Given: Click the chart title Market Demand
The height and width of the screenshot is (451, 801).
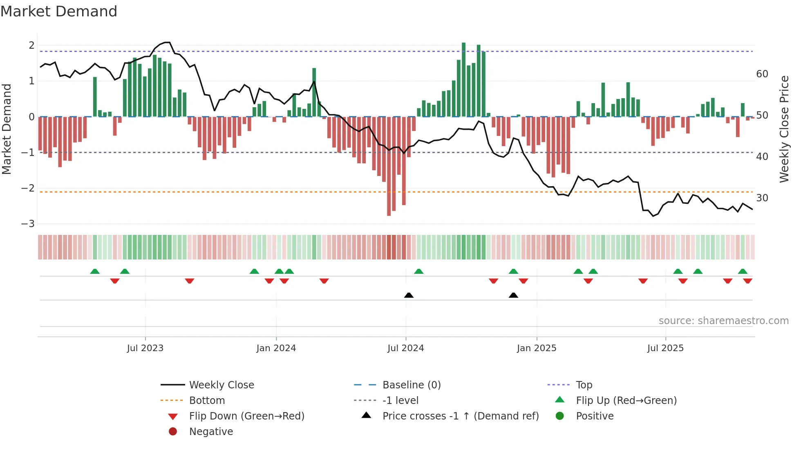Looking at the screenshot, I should [59, 11].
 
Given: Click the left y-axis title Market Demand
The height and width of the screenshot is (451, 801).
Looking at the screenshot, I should [7, 129].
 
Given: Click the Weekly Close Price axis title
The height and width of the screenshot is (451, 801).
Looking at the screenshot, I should [784, 129].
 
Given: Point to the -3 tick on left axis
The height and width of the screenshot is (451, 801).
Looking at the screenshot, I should [28, 224].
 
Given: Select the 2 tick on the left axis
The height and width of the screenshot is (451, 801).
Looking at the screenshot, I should [31, 45].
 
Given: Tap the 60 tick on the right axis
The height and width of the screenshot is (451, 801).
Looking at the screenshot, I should [762, 74].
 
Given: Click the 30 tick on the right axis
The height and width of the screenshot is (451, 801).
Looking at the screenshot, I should [762, 198].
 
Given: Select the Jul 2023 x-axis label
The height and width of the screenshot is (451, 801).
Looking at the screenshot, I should [145, 348].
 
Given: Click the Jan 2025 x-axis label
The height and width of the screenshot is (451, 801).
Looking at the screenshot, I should [536, 348].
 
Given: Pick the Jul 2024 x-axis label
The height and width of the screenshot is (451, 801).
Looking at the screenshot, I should [405, 348].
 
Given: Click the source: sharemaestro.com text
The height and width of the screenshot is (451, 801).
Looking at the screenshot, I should [723, 321].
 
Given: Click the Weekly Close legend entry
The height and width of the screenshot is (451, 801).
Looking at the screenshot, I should [221, 385].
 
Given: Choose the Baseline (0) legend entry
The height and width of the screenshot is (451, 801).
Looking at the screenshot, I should [411, 385].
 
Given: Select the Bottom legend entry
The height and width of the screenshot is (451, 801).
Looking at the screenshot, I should [207, 401].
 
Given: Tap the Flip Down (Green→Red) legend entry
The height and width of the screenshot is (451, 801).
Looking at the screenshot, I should [246, 416].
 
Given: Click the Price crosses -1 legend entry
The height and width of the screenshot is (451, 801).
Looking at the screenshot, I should [460, 416].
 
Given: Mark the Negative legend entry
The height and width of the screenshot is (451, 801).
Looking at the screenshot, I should [211, 432].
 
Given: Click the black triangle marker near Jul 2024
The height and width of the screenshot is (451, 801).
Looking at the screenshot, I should [409, 295].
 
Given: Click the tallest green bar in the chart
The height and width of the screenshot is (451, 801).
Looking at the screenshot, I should [463, 80].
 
